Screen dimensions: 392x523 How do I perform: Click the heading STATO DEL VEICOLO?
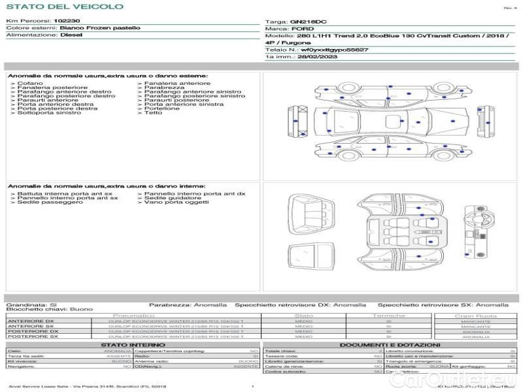[65, 7]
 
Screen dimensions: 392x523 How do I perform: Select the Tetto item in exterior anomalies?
[153, 113]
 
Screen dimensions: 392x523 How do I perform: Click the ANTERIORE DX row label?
[31, 321]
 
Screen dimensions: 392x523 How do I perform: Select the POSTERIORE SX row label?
[33, 336]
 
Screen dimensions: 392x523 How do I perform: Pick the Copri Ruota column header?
[475, 316]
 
